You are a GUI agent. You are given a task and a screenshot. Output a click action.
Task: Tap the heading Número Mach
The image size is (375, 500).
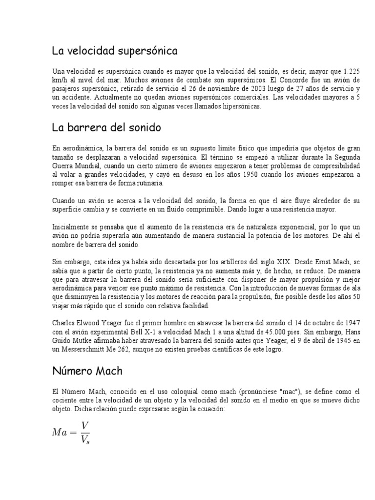[x=87, y=371]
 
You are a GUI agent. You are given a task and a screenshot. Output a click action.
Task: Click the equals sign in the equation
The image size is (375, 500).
[x=73, y=432]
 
